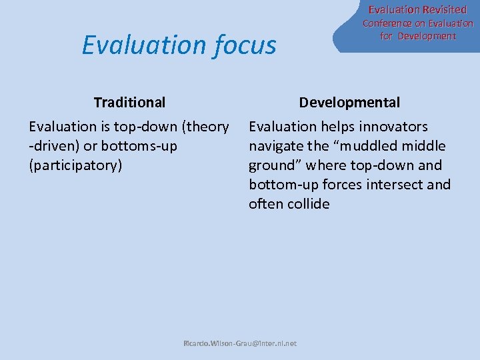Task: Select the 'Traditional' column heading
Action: pyautogui.click(x=129, y=102)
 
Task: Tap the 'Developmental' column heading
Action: pyautogui.click(x=349, y=102)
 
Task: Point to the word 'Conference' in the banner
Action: pyautogui.click(x=386, y=23)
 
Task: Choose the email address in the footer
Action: pyautogui.click(x=240, y=344)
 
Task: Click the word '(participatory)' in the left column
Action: pyautogui.click(x=76, y=165)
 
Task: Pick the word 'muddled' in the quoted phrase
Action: pyautogui.click(x=365, y=145)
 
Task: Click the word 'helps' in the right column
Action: pyautogui.click(x=337, y=126)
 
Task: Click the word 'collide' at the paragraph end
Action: pyautogui.click(x=308, y=203)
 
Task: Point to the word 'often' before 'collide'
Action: pyautogui.click(x=266, y=203)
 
